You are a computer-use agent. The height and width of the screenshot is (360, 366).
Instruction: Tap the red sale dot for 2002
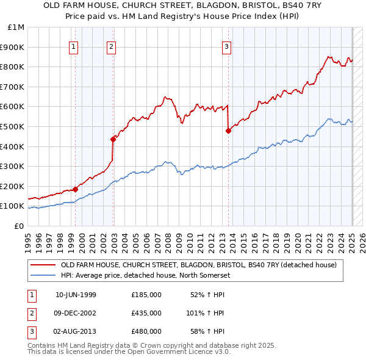(x=113, y=139)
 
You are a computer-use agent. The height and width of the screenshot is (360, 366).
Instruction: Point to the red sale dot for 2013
(x=228, y=130)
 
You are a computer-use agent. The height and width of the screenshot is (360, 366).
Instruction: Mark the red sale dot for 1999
(x=75, y=189)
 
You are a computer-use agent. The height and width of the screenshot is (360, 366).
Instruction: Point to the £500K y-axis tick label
(x=13, y=126)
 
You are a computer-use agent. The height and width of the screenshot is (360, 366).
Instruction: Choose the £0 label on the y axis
(x=19, y=226)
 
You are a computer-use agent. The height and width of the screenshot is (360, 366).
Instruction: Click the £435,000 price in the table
(x=146, y=313)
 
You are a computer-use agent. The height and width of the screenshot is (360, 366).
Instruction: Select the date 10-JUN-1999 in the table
(x=76, y=295)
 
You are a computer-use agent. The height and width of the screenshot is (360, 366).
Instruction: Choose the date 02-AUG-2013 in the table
(x=76, y=331)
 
